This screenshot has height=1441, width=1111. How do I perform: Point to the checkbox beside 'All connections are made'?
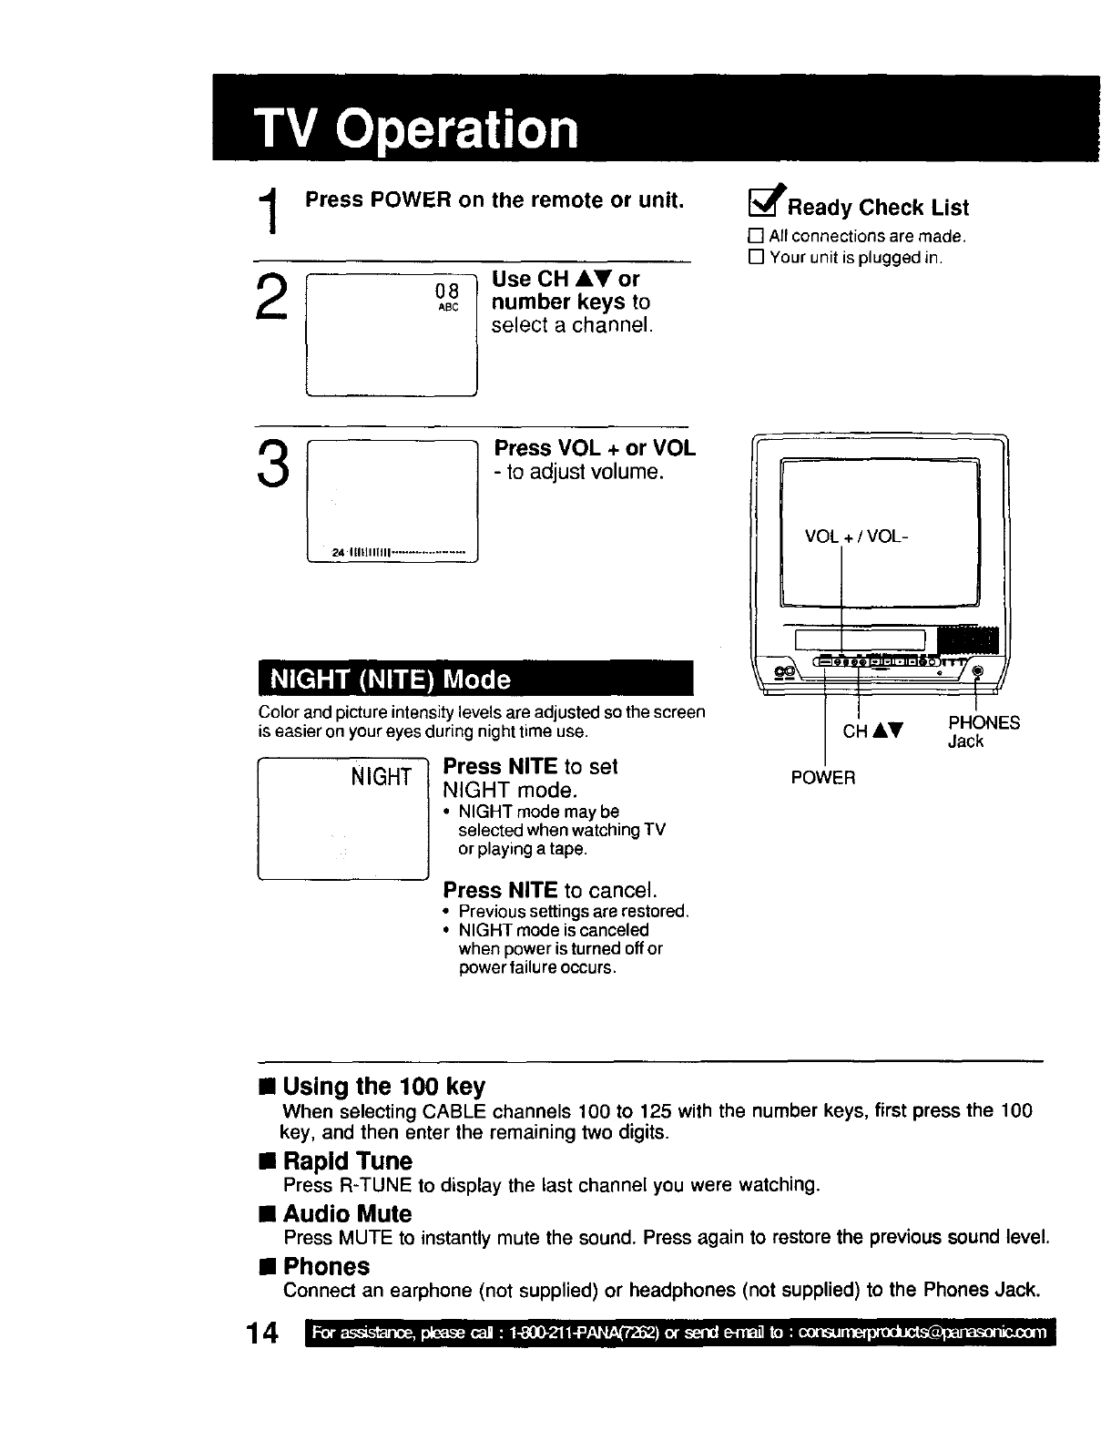point(755,237)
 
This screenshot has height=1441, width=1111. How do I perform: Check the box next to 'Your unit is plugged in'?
point(755,258)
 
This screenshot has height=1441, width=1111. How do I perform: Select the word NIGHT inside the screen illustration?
point(382,776)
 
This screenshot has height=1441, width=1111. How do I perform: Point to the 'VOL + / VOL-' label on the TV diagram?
point(856,537)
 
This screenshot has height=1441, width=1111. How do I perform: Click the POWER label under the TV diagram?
point(823,778)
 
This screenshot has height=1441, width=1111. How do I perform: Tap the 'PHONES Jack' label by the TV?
point(983,731)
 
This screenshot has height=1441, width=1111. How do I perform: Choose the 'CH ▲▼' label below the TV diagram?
point(872,731)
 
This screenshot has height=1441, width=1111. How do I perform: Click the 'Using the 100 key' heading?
point(383,1087)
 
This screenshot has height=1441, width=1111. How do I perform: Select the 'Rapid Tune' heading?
point(347,1161)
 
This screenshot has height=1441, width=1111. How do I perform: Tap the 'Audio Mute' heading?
point(347,1214)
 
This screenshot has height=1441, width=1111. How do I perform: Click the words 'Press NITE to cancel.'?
point(550,889)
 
